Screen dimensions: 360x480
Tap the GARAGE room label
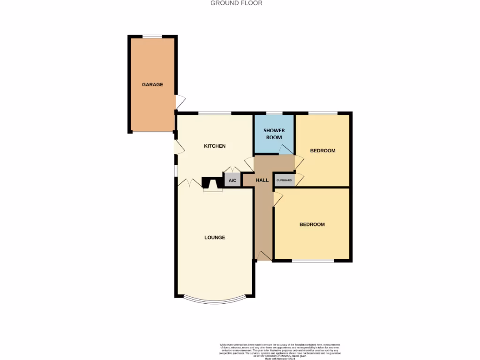click(153, 85)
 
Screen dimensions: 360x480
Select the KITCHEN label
click(215, 146)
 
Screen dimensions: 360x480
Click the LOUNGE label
click(215, 237)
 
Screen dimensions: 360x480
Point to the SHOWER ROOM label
click(274, 134)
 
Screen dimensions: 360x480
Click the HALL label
click(262, 180)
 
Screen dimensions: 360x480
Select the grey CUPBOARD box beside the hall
click(285, 180)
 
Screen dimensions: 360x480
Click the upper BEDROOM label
click(323, 150)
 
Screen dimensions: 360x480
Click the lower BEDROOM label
click(312, 225)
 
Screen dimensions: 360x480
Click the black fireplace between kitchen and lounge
click(211, 182)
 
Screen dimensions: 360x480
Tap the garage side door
click(180, 103)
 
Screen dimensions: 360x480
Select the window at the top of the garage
click(152, 37)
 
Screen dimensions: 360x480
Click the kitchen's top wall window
click(215, 113)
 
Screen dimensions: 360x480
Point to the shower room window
click(274, 113)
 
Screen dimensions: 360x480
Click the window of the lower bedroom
click(313, 261)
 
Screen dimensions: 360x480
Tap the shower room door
click(285, 150)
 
